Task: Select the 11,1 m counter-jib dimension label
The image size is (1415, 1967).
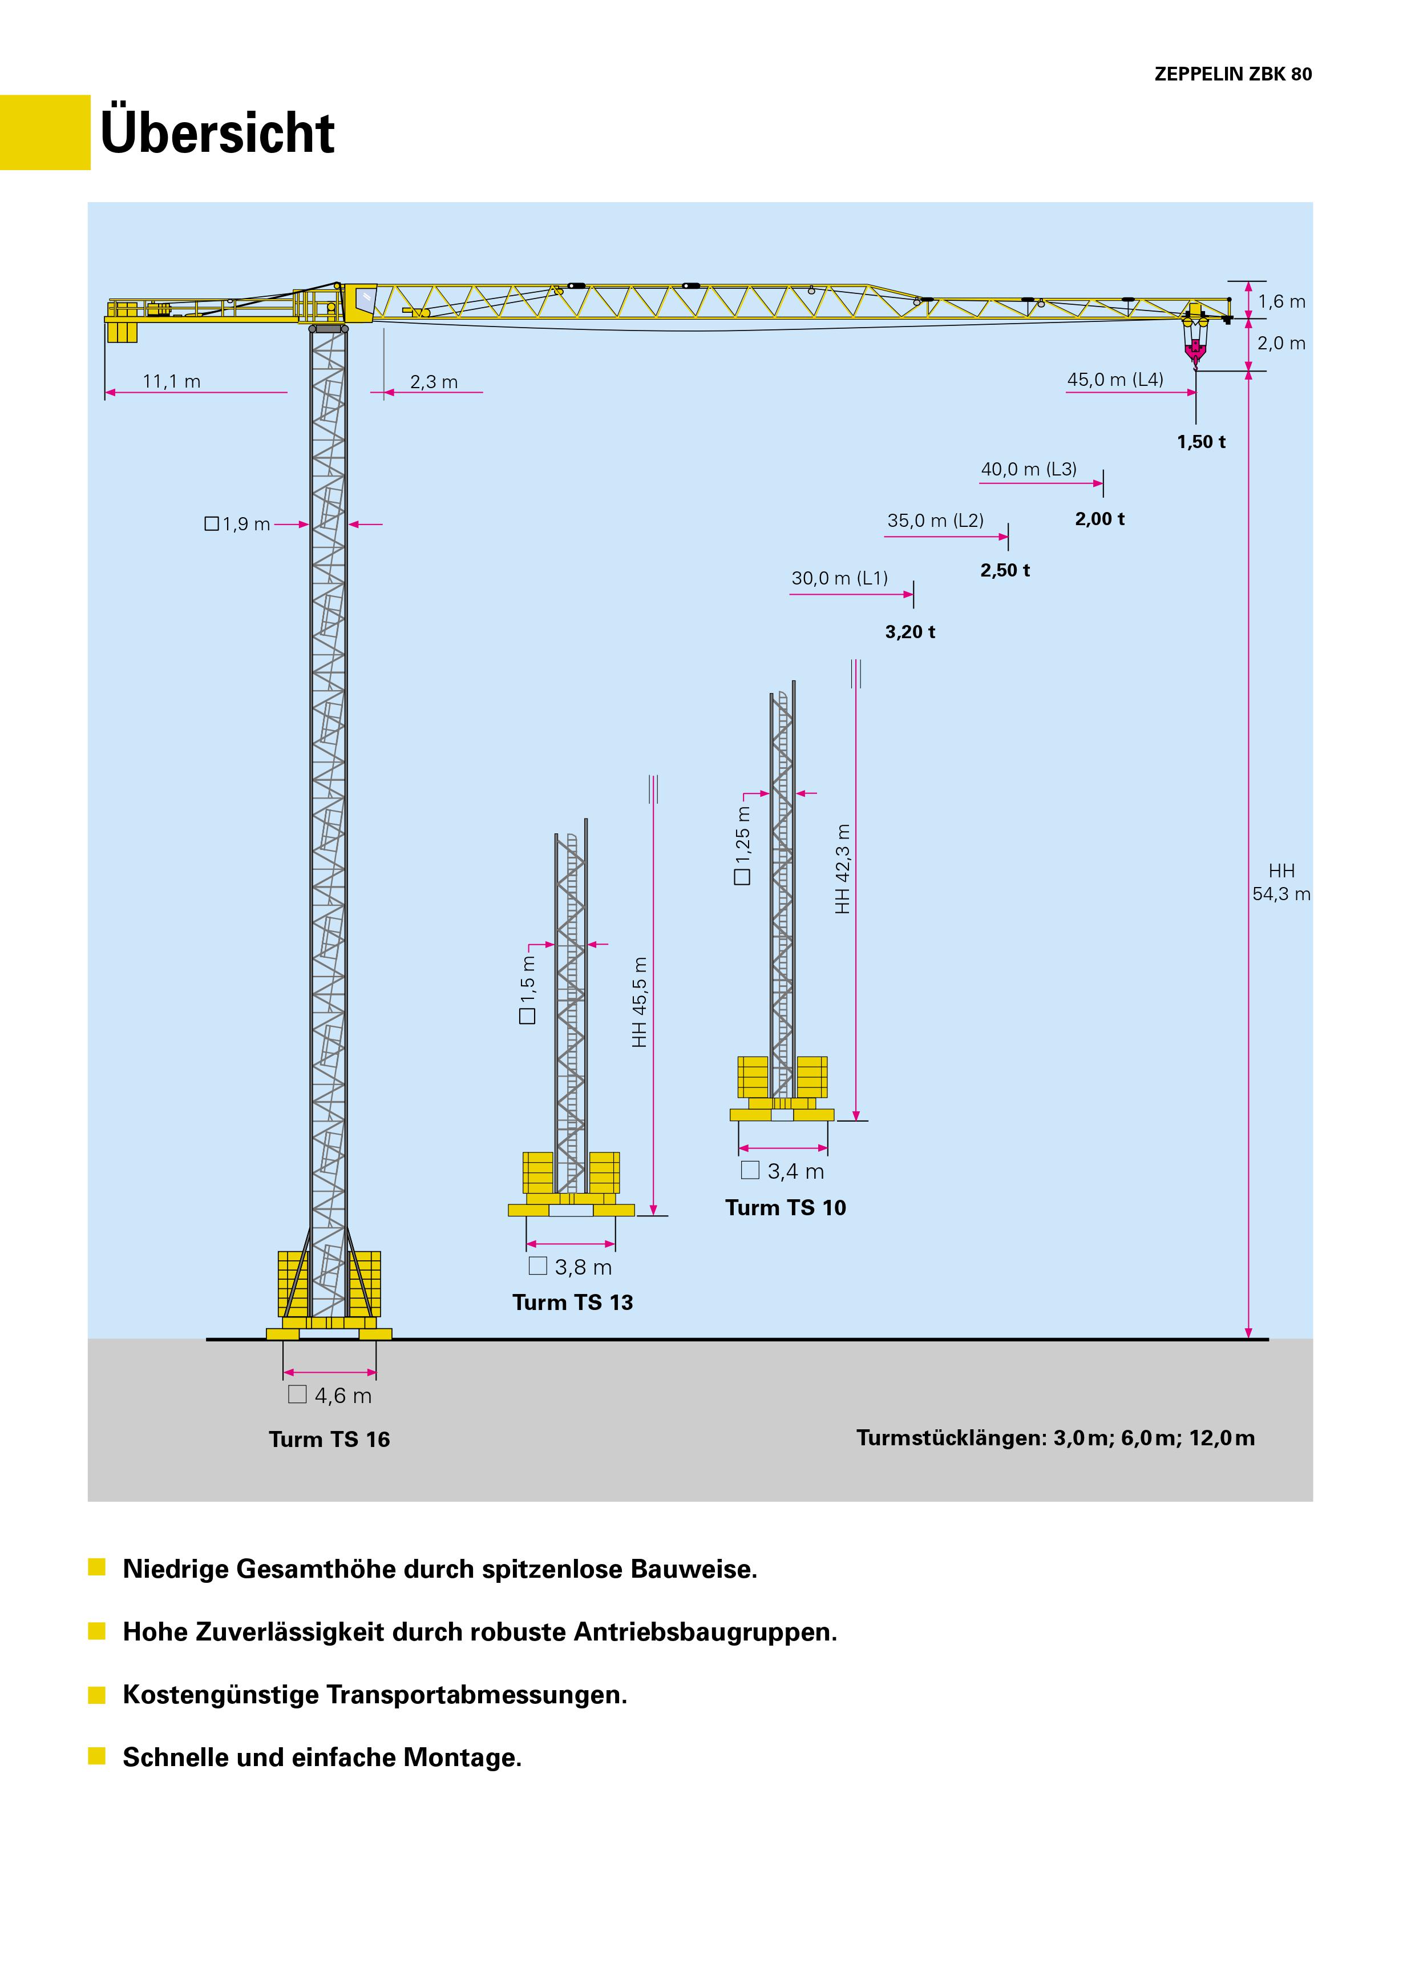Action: click(172, 382)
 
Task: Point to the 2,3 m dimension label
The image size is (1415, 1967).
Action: click(434, 382)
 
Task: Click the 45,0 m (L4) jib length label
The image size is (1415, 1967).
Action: click(1115, 380)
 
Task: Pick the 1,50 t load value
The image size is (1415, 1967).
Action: click(1201, 442)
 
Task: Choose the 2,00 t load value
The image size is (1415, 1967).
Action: click(1099, 519)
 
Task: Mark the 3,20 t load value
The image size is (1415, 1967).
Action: click(909, 632)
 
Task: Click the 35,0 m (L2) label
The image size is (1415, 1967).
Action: click(935, 521)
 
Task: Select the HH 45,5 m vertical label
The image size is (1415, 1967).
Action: click(640, 1002)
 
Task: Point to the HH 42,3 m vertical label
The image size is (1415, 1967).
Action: click(843, 869)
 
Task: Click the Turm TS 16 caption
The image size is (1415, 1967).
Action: click(329, 1440)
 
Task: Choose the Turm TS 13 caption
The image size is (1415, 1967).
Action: click(572, 1303)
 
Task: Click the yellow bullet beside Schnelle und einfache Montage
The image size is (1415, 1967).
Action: click(97, 1757)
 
